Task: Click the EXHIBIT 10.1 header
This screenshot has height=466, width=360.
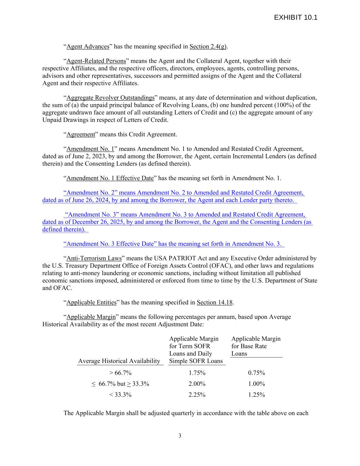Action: click(296, 18)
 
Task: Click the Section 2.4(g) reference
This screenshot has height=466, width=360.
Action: click(208, 46)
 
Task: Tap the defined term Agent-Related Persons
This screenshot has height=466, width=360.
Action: click(96, 61)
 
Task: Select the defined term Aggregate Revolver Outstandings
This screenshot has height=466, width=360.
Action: click(110, 98)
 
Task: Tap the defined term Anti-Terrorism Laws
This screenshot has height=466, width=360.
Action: click(94, 258)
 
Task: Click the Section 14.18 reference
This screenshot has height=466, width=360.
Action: click(215, 302)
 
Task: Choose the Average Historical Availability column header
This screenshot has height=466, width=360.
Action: click(119, 361)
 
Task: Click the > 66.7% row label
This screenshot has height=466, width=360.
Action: click(120, 373)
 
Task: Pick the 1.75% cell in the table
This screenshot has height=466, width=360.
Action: click(197, 373)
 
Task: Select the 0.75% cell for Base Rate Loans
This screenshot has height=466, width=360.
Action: click(256, 373)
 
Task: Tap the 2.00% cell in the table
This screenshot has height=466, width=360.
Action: click(197, 384)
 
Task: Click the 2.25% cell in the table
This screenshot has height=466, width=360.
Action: click(197, 395)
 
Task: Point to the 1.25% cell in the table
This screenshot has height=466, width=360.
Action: click(256, 395)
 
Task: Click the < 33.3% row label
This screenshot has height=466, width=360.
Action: click(120, 395)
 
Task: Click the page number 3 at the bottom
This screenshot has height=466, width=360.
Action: click(180, 436)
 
